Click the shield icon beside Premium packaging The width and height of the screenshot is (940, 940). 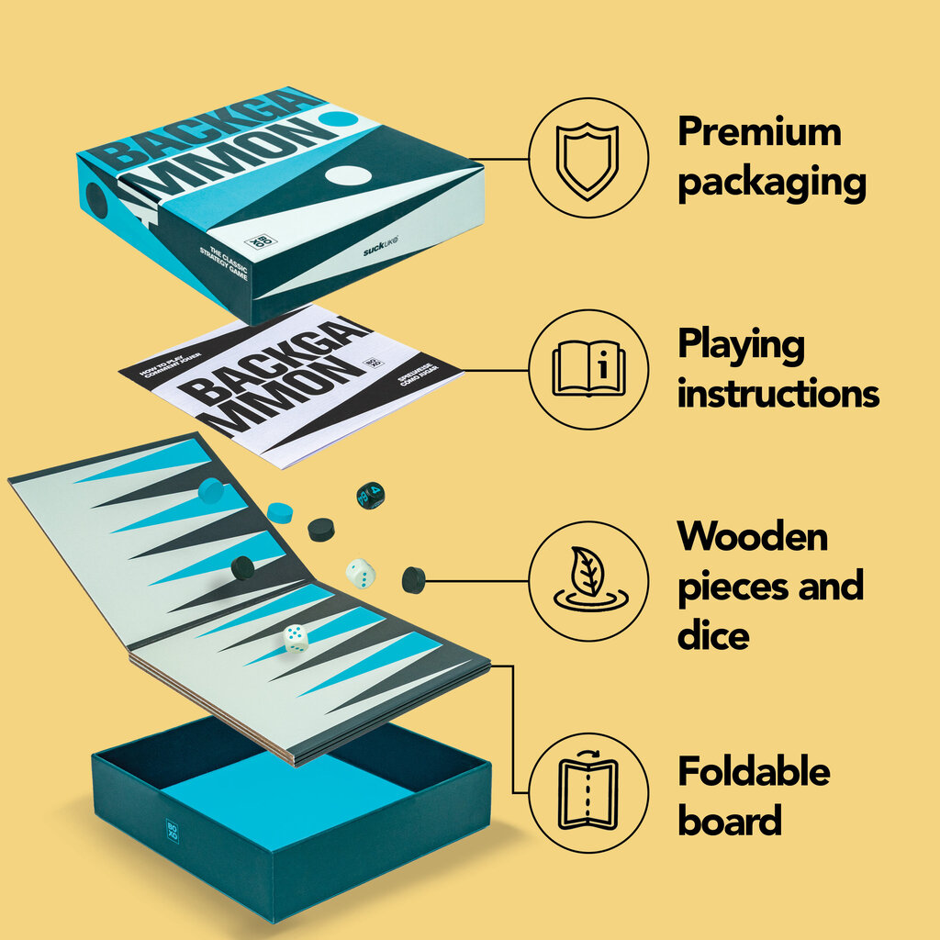(588, 160)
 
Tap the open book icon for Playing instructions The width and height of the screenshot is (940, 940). (588, 369)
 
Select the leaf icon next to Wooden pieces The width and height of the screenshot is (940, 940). (588, 580)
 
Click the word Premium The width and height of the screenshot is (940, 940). (759, 133)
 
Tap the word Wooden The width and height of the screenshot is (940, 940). (753, 536)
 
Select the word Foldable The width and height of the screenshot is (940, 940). (754, 772)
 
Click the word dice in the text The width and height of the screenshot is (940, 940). (713, 635)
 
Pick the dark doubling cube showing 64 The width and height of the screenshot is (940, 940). (370, 496)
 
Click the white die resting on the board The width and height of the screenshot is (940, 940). (296, 638)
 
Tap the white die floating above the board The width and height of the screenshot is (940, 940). (361, 574)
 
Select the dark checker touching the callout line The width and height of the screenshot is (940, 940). (414, 579)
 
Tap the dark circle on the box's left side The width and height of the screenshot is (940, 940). (95, 199)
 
